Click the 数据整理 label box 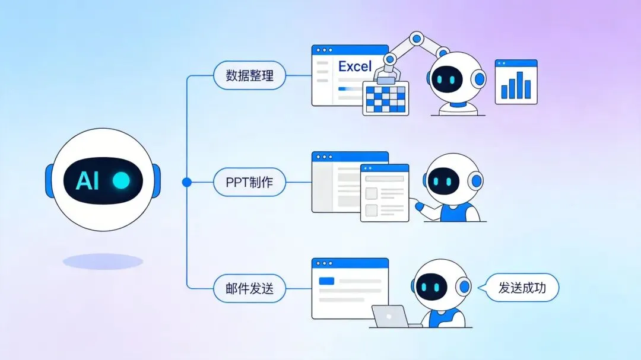(249, 76)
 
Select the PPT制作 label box (249, 183)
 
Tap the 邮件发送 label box (249, 289)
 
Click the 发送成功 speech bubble (522, 289)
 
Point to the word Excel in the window (355, 66)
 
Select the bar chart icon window (516, 81)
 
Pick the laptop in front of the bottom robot (390, 316)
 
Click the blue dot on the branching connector (187, 183)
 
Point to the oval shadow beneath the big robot (103, 262)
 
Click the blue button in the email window (326, 281)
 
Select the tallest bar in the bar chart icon (520, 84)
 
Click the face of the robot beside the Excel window (447, 79)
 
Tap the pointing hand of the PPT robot (420, 206)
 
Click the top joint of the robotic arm (417, 39)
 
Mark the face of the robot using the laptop (431, 288)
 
